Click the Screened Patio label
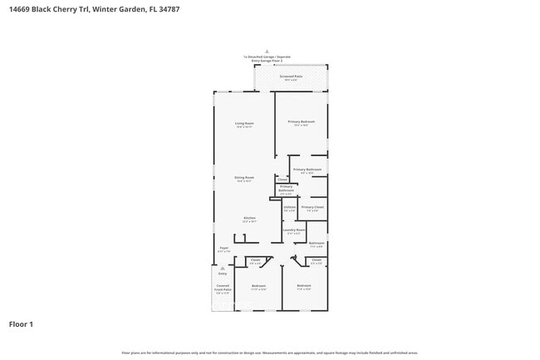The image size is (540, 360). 291,76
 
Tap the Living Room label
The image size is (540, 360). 244,124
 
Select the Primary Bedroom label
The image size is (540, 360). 300,123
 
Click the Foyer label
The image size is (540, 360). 223,249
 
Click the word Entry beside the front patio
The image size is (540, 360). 222,274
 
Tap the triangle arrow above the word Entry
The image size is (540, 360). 222,268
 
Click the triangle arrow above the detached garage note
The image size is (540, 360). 267,51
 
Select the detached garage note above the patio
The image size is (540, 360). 267,59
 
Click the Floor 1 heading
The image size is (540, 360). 21,323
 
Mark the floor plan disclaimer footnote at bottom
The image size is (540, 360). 269,353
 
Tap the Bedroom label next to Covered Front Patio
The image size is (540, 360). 258,287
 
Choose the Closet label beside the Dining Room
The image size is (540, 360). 282,179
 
